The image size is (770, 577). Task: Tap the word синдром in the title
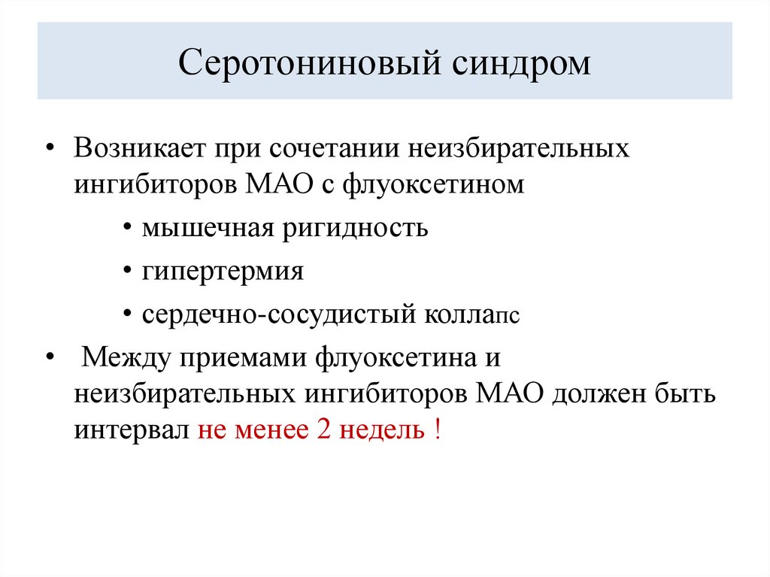pos(522,62)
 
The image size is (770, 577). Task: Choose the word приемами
pos(244,356)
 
